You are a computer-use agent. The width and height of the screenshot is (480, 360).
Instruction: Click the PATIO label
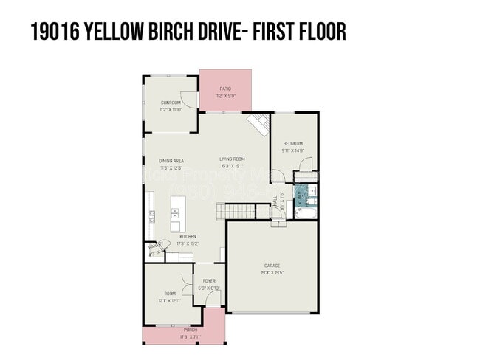coord(225,89)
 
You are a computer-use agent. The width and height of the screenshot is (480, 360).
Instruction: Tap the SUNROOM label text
coord(171,103)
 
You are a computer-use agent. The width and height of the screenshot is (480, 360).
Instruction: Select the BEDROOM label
coord(293,143)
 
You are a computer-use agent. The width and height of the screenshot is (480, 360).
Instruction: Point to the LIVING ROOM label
coord(231,159)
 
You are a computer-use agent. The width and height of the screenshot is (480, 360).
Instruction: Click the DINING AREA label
coord(171,160)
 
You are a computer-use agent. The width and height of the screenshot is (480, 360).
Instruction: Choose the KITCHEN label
coord(188,236)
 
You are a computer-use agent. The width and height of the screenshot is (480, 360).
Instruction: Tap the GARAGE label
coord(272,265)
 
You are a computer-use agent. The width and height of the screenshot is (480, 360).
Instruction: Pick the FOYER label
coord(209,281)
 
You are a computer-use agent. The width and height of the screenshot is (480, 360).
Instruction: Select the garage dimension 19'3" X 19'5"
coord(272,272)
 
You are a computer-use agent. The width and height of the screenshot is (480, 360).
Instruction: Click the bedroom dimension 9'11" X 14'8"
coord(293,150)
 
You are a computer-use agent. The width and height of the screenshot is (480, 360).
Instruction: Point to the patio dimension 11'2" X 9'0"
coord(225,95)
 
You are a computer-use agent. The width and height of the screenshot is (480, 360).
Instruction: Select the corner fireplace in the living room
coord(258,124)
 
